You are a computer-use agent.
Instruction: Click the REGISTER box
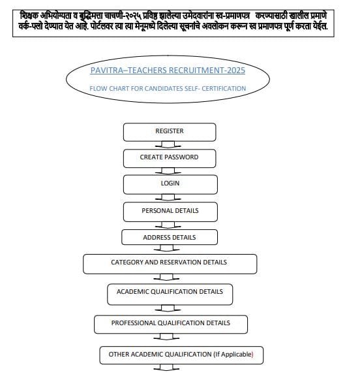click(169, 132)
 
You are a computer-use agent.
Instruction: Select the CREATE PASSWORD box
click(169, 158)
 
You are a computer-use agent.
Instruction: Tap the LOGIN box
click(169, 184)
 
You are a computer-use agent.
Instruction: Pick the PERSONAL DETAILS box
click(169, 212)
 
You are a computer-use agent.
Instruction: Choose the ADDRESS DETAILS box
click(169, 238)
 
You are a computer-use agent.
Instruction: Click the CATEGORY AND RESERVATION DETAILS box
click(169, 263)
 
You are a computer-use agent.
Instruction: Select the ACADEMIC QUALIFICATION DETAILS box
click(170, 293)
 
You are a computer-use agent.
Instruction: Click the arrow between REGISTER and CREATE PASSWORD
click(170, 145)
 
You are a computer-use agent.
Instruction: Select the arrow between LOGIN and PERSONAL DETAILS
click(170, 197)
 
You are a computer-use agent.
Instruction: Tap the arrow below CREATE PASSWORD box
click(170, 171)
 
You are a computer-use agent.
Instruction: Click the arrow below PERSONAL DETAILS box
click(170, 224)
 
